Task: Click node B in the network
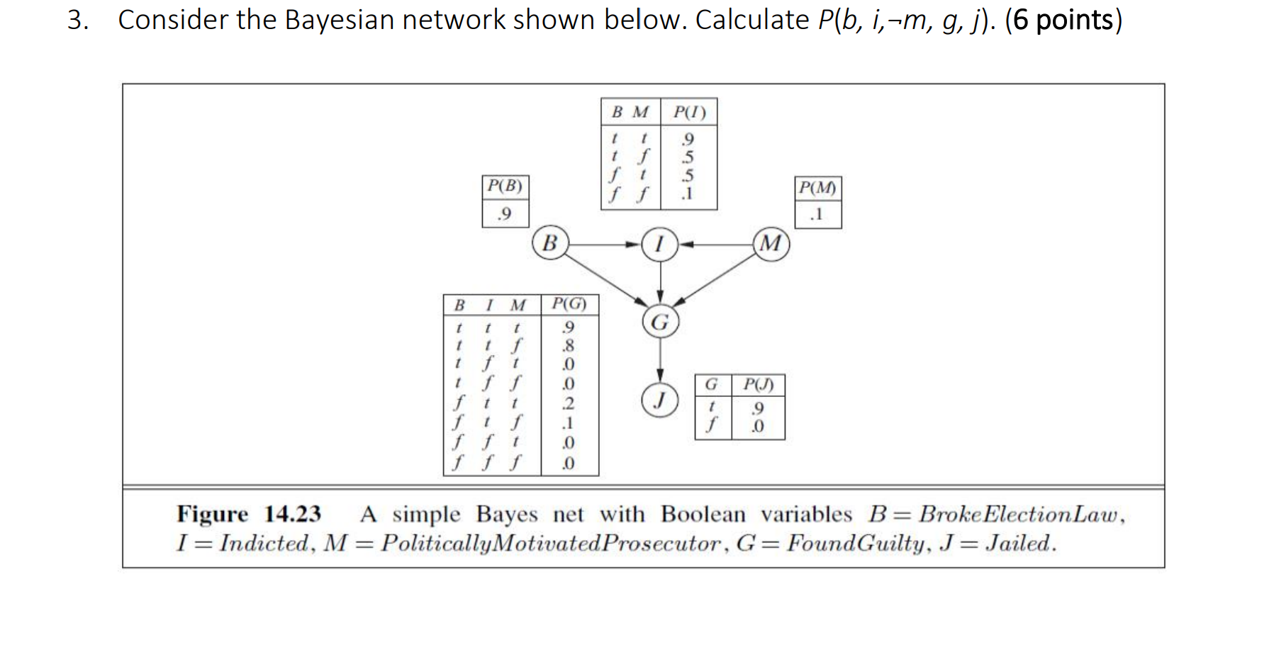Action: pyautogui.click(x=549, y=243)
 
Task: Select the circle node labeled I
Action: pyautogui.click(x=659, y=244)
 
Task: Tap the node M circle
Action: pyautogui.click(x=771, y=244)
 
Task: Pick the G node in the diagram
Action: pyautogui.click(x=660, y=322)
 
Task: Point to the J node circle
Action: pyautogui.click(x=660, y=400)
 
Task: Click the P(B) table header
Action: pyautogui.click(x=505, y=186)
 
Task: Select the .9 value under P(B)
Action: pyautogui.click(x=504, y=213)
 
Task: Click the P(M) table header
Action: pyautogui.click(x=817, y=188)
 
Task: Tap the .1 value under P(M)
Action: pyautogui.click(x=817, y=214)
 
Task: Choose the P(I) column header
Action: pyautogui.click(x=689, y=112)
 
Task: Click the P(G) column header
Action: pyautogui.click(x=569, y=304)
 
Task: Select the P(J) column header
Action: pyautogui.click(x=758, y=384)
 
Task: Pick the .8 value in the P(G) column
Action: pyautogui.click(x=568, y=346)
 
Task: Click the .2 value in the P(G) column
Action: pyautogui.click(x=568, y=403)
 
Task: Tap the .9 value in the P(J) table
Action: pyautogui.click(x=758, y=408)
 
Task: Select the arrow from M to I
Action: pyautogui.click(x=716, y=245)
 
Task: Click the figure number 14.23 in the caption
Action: pyautogui.click(x=292, y=513)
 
